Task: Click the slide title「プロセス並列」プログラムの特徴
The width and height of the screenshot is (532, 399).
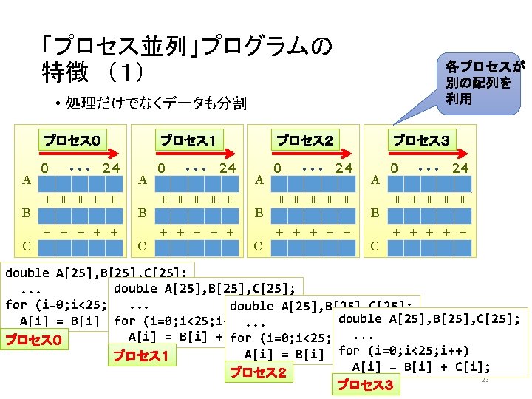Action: (x=185, y=59)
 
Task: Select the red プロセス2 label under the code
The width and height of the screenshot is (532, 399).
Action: (x=258, y=372)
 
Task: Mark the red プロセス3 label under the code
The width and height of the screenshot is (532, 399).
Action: (x=364, y=385)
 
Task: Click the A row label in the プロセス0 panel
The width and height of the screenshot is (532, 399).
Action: (x=26, y=180)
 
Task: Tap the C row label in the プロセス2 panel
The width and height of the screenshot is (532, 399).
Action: (x=259, y=245)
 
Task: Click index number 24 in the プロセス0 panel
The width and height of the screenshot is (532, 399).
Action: (x=112, y=168)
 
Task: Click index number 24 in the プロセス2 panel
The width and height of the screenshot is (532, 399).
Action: (x=344, y=168)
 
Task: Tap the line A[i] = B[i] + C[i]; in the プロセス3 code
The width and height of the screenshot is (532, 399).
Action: (x=421, y=366)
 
